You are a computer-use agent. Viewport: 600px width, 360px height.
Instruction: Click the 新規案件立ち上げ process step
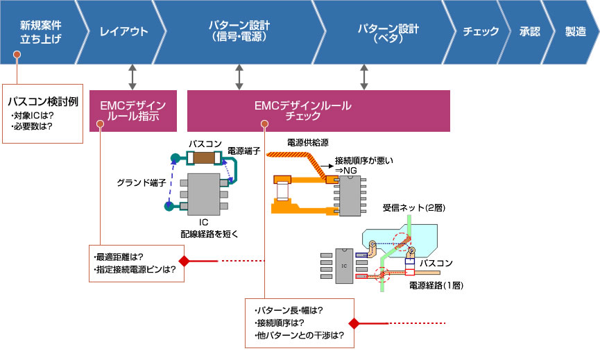point(40,32)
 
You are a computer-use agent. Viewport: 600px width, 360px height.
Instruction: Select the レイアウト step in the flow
point(123,32)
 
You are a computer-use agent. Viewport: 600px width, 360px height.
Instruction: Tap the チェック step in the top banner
point(481,32)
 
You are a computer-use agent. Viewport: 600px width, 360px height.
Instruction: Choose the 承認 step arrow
point(529,32)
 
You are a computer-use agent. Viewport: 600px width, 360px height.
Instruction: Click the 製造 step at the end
point(574,32)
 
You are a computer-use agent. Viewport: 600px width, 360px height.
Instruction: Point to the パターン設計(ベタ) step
point(387,32)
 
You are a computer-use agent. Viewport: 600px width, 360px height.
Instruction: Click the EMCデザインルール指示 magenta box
point(133,111)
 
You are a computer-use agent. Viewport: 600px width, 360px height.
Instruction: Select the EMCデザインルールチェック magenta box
point(318,111)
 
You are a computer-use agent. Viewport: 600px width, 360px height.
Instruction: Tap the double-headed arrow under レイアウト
point(132,77)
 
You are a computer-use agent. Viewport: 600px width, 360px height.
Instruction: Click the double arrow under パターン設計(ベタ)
point(364,77)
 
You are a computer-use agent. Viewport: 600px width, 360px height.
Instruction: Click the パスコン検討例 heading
point(43,102)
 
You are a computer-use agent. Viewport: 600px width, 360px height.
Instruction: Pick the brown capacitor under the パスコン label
point(203,157)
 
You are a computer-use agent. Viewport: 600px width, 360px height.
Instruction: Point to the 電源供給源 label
point(308,143)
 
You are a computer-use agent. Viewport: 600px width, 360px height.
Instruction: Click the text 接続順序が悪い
point(364,161)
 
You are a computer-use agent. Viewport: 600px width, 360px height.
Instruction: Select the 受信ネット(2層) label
point(414,207)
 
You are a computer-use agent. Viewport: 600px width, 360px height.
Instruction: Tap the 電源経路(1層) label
point(436,285)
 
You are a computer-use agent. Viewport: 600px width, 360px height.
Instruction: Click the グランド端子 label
point(142,183)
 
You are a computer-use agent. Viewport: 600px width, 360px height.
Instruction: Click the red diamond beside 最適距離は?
point(185,261)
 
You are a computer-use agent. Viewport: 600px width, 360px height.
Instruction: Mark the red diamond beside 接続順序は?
point(354,323)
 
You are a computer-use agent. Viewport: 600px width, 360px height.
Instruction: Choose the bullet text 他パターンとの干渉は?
point(299,336)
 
